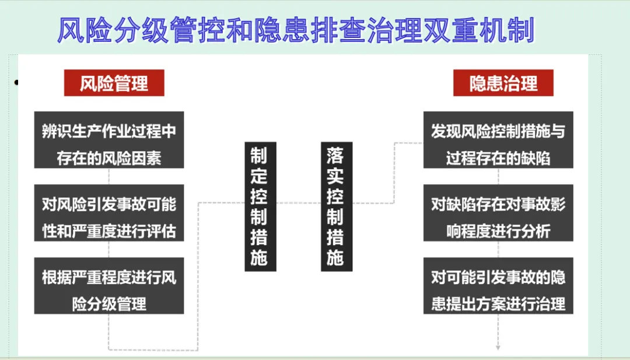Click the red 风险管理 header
[114, 83]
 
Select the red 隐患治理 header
[503, 83]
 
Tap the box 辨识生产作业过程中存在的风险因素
[109, 140]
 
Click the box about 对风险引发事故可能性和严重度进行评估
[109, 213]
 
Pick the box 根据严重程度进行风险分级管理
[109, 286]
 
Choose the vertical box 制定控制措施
[260, 207]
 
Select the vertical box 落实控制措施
[337, 207]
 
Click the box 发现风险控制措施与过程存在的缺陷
[498, 140]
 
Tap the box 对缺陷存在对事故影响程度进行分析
[498, 213]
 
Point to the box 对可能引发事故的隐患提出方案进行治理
[498, 286]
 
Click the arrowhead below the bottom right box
[498, 348]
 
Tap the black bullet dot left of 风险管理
[16, 83]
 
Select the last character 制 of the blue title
[521, 30]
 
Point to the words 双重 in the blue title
[451, 30]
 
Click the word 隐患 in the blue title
[282, 30]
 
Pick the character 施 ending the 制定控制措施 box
[259, 257]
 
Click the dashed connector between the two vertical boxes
[299, 203]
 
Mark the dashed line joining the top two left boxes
[109, 176]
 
